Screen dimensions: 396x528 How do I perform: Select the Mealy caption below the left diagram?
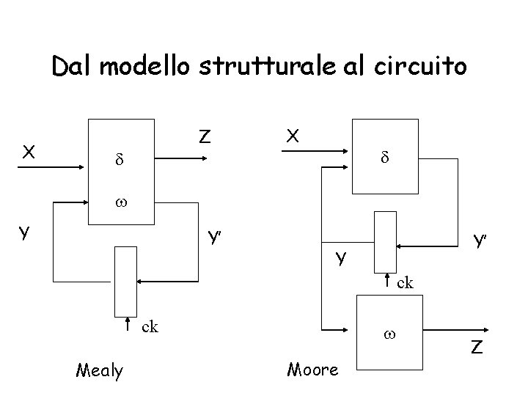[x=100, y=371]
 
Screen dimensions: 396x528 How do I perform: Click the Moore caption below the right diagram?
[x=314, y=370]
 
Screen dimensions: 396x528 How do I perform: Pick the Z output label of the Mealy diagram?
[x=205, y=136]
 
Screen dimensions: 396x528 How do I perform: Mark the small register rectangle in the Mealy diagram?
[x=126, y=282]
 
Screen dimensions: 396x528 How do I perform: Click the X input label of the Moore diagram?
[x=293, y=136]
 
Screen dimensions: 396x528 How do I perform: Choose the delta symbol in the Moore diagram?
[x=384, y=157]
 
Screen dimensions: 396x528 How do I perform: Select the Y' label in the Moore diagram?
[x=481, y=241]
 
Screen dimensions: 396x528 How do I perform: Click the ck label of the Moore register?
[x=406, y=282]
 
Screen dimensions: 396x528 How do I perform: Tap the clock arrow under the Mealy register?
[x=128, y=326]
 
